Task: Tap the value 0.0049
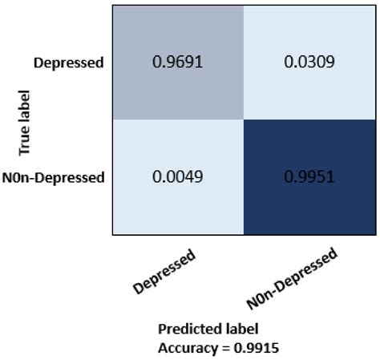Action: tap(177, 177)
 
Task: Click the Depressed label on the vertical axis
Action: tap(70, 62)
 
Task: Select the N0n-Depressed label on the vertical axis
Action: tap(54, 177)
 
